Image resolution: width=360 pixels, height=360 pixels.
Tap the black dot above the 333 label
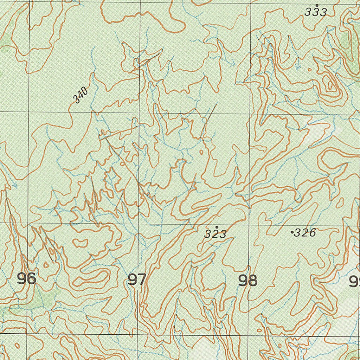317,5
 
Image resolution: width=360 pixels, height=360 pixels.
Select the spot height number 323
216,234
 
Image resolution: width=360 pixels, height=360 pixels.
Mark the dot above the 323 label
217,227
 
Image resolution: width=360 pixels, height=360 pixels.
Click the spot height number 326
305,233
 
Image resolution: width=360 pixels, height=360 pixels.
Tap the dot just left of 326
292,232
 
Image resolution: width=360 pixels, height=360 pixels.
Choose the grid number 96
27,279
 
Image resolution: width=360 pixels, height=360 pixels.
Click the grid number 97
137,280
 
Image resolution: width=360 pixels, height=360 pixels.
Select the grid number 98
247,281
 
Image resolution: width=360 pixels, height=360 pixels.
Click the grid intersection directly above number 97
139,224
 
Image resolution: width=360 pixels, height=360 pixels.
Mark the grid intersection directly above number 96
28,223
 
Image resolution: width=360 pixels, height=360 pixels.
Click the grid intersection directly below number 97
138,334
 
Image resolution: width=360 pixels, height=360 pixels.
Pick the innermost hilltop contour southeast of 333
330,85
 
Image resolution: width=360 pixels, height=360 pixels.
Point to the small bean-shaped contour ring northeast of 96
81,242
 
